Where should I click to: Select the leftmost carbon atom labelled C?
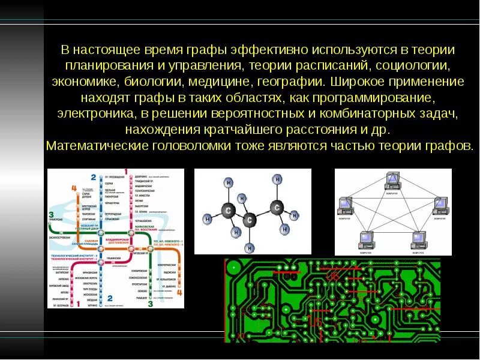(227, 210)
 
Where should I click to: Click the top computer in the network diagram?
(393, 179)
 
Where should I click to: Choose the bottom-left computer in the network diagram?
(365, 238)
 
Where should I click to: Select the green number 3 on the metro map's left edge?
(52, 215)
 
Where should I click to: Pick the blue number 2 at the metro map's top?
(93, 177)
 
